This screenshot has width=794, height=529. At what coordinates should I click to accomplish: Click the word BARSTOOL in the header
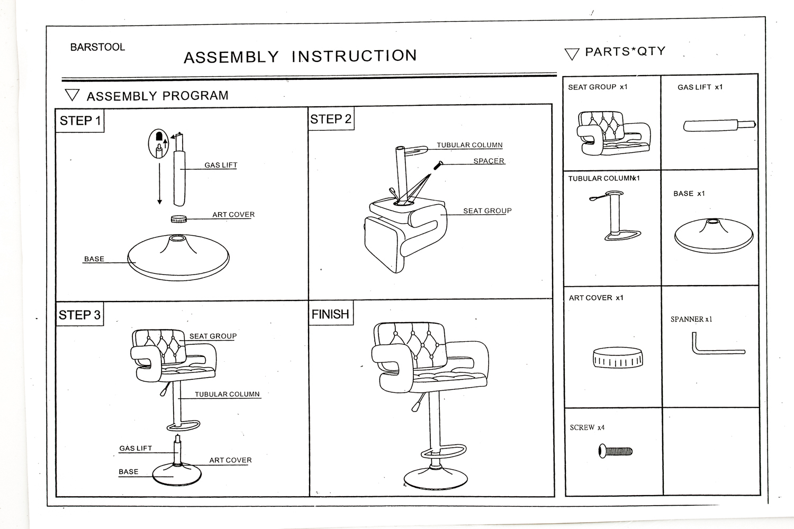(x=97, y=47)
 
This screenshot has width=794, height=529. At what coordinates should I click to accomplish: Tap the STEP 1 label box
(x=80, y=121)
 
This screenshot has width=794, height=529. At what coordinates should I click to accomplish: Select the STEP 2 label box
(x=331, y=119)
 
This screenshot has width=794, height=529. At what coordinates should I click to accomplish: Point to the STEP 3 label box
(x=79, y=315)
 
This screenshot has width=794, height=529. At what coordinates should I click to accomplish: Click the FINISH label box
(x=330, y=314)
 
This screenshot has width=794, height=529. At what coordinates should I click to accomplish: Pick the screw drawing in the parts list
(x=616, y=451)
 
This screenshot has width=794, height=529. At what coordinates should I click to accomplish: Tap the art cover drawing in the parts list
(x=618, y=357)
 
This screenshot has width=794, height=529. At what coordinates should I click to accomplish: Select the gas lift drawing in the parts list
(x=719, y=125)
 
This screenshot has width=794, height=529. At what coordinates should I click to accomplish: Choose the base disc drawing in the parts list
(x=714, y=235)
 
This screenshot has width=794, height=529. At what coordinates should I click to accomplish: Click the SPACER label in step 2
(x=489, y=161)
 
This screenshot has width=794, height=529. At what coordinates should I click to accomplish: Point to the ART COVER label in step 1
(x=233, y=214)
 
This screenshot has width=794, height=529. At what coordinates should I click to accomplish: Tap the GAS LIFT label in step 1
(x=221, y=165)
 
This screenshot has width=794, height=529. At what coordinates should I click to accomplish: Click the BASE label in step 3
(x=129, y=471)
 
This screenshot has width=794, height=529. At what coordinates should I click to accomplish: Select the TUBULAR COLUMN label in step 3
(x=227, y=394)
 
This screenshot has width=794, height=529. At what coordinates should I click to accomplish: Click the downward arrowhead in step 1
(x=159, y=202)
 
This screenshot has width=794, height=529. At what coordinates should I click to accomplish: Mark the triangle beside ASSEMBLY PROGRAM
(x=72, y=95)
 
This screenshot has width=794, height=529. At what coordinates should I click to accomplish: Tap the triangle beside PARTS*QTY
(x=572, y=53)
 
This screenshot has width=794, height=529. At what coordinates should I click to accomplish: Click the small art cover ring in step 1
(x=179, y=218)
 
